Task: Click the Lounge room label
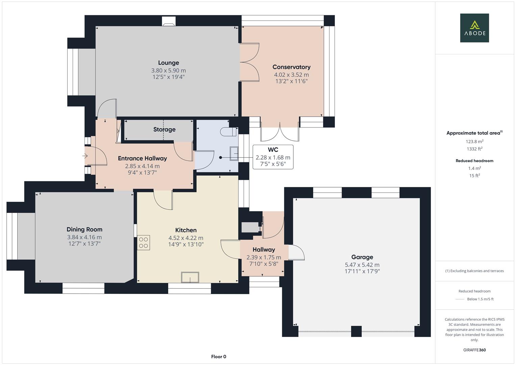coord(168,63)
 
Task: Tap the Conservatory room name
coord(291,67)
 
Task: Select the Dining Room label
coord(84,229)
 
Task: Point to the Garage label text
coord(362,257)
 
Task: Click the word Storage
coord(164,129)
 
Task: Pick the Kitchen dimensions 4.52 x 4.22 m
coord(186,238)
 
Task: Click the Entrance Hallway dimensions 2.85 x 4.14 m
coord(142,166)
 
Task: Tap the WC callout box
coord(273,157)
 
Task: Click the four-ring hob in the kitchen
coord(144,243)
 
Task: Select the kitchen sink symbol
coord(190,277)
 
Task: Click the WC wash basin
coord(234,153)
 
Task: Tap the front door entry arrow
coord(85,156)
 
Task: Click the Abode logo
coord(474,28)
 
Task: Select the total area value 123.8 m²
coord(474,142)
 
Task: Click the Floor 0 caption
coord(219,357)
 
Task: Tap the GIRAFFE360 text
coord(474,350)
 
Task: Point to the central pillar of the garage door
coord(357,331)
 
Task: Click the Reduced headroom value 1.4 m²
coord(474,168)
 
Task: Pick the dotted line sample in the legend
coord(460,299)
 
